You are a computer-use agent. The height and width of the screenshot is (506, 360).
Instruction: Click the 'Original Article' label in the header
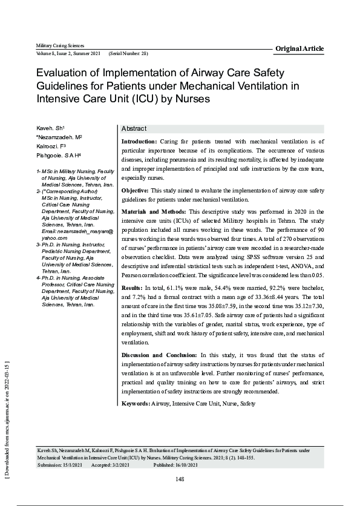click(299, 48)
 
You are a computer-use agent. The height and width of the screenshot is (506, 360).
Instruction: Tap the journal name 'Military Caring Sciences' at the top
click(60, 46)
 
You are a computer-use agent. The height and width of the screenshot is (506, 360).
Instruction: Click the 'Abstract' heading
click(134, 130)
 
